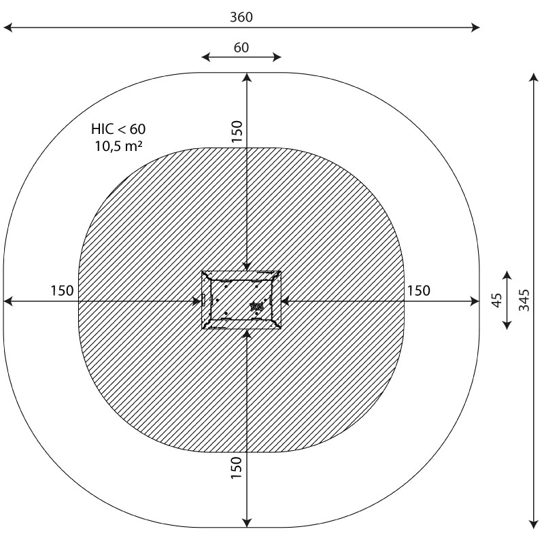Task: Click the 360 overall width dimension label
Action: point(241,17)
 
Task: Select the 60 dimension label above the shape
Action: point(241,48)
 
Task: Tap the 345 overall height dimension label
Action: point(524,300)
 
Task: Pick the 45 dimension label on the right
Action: point(497,300)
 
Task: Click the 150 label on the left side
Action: point(62,291)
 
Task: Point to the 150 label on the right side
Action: point(418,291)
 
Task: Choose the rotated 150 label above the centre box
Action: point(237,131)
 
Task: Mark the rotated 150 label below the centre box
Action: point(236,468)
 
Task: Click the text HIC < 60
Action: point(118,129)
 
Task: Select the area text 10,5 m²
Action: point(118,146)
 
